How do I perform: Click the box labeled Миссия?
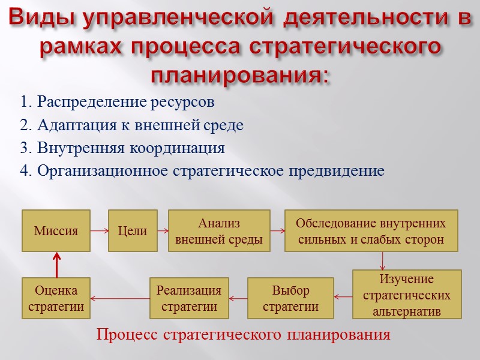(56, 230)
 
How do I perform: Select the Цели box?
(133, 230)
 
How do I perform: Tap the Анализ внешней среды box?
(218, 231)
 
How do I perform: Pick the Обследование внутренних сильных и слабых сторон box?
(371, 231)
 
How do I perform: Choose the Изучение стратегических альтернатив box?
(407, 295)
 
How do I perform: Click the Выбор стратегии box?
(290, 298)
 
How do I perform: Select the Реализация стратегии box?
(189, 298)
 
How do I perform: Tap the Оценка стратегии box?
(56, 298)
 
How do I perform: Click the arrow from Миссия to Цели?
(99, 230)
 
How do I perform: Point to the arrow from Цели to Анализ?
(163, 230)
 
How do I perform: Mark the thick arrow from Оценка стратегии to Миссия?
(56, 264)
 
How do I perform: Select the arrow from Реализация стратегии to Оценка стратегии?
(119, 298)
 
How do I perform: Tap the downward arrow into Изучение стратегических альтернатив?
(383, 260)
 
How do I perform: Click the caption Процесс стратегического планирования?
(243, 335)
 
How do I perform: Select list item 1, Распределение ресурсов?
(117, 102)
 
